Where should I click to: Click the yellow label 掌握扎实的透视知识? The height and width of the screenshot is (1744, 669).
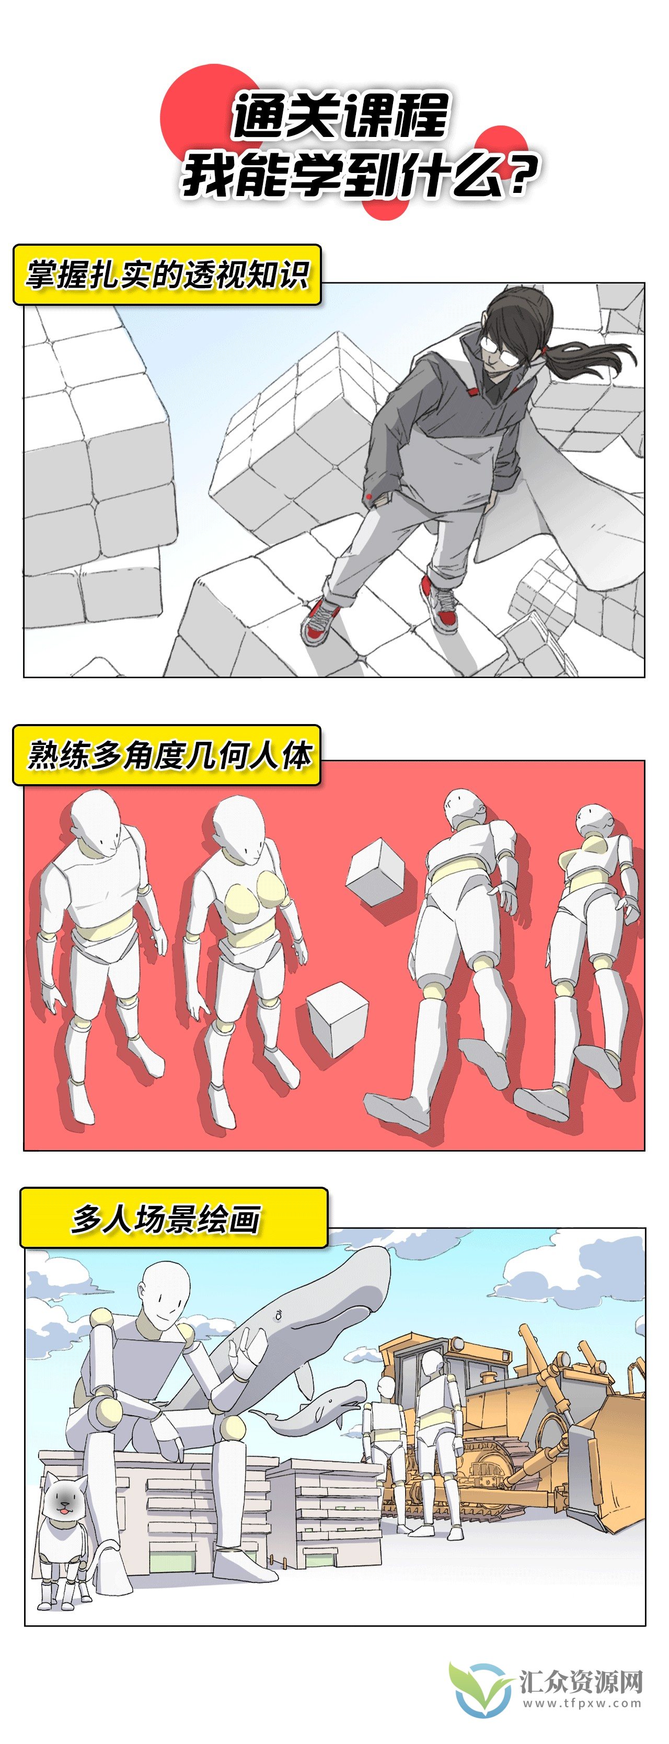click(167, 275)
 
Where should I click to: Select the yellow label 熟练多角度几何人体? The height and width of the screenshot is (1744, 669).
click(167, 754)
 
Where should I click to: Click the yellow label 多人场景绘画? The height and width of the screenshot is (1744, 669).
click(167, 1219)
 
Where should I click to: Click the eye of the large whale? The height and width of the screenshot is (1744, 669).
click(278, 1315)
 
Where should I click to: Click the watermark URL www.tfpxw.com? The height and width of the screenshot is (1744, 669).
click(581, 1703)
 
